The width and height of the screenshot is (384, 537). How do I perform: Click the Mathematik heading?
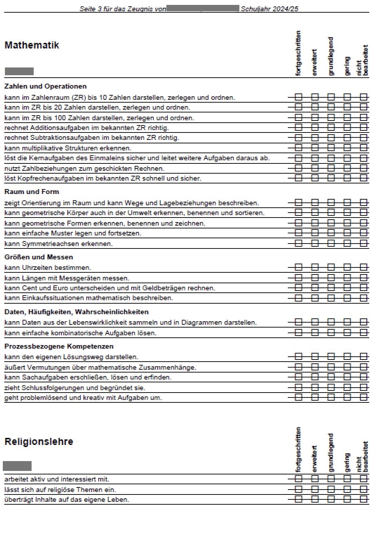32,45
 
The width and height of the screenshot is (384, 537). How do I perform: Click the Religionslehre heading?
39,441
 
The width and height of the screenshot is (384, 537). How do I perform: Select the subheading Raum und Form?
32,192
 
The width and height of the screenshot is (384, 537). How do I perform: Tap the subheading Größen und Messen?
39,257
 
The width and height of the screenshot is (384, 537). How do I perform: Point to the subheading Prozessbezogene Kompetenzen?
59,346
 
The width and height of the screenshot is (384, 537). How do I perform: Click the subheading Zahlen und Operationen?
45,86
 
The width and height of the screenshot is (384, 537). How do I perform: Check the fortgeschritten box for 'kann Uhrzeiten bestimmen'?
298,267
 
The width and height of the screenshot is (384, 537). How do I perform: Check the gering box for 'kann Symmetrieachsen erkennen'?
347,243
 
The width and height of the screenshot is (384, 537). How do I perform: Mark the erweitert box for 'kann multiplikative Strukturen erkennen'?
315,148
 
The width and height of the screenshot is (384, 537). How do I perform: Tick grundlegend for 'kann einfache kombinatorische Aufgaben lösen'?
331,332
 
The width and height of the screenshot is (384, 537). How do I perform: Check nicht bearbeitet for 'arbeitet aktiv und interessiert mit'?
364,479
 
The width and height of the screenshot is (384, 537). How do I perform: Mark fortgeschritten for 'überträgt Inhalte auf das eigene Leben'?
298,499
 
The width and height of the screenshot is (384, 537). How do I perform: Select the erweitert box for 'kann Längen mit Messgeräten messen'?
315,278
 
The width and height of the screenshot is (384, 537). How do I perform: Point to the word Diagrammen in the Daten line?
201,322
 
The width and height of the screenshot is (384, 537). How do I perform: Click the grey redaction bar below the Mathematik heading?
19,71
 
